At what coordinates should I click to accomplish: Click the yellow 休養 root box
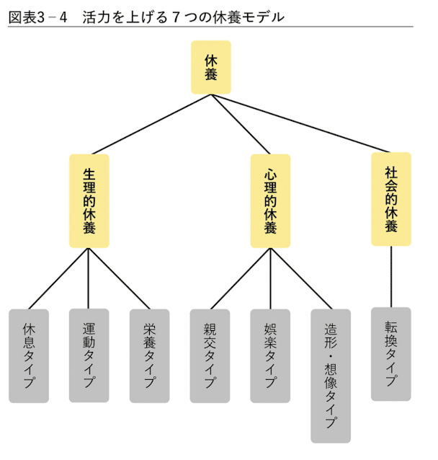[210, 67]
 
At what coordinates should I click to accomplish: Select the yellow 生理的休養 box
[89, 201]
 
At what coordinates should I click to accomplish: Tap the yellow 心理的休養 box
[271, 201]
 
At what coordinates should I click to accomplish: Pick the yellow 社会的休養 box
[391, 199]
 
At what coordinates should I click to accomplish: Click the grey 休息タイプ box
[29, 355]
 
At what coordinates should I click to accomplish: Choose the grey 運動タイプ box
[89, 355]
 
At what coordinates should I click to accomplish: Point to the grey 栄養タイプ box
[150, 355]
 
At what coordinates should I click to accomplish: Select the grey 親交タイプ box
[210, 355]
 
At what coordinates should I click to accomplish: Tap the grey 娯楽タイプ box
[271, 355]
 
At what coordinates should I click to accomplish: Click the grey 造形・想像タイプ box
[331, 376]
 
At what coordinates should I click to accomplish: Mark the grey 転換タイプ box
[391, 353]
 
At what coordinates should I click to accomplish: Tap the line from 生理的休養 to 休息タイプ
[59, 279]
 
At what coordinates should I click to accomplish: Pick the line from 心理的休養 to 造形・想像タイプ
[301, 279]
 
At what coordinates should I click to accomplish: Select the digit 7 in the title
[176, 16]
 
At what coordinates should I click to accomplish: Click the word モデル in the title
[263, 16]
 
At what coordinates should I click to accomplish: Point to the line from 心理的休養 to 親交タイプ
[241, 279]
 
